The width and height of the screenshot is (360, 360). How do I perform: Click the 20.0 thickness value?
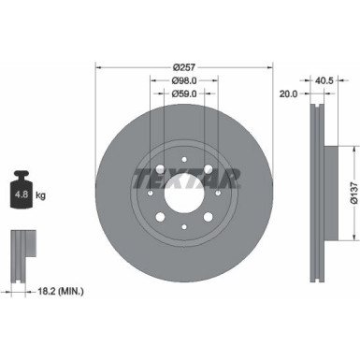[x=289, y=94]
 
